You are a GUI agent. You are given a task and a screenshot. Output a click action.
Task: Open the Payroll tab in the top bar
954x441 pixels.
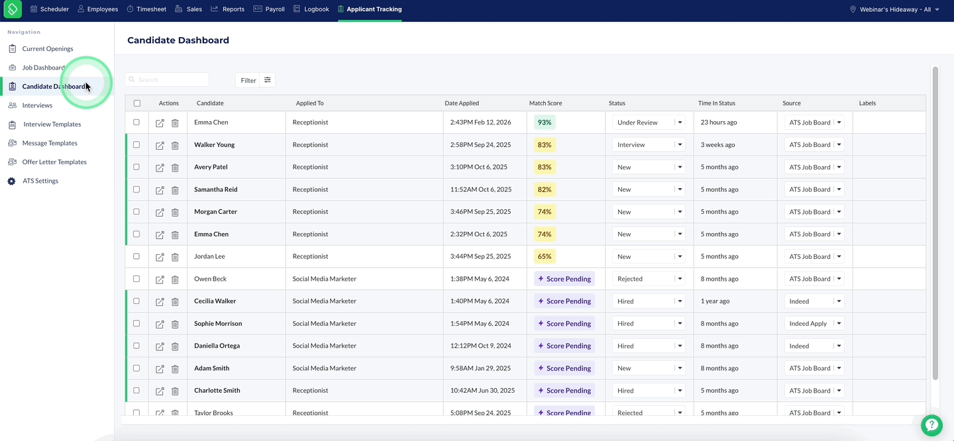point(269,9)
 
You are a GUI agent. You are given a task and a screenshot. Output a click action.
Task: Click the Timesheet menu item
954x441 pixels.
point(146,9)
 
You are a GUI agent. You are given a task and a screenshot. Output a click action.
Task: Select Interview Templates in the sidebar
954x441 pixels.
point(52,124)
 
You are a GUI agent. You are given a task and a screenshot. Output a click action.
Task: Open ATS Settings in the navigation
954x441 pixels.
point(40,181)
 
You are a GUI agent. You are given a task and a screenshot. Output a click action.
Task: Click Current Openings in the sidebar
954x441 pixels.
point(47,48)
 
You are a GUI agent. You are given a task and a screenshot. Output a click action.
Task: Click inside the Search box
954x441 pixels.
point(167,79)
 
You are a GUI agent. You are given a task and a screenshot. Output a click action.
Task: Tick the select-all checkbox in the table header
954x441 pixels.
point(136,103)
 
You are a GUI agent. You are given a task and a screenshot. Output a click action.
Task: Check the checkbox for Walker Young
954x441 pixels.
point(136,145)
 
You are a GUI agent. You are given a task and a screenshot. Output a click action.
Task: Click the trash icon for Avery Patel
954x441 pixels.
point(175,168)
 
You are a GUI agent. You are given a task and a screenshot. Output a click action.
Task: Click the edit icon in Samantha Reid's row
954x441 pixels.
point(160,190)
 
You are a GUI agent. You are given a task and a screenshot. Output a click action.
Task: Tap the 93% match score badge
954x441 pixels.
point(545,122)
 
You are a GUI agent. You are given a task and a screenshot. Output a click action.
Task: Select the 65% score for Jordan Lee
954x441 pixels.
point(545,256)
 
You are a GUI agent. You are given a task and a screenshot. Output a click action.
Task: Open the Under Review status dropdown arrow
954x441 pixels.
point(680,122)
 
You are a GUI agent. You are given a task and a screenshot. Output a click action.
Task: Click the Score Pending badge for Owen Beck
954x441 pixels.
point(564,279)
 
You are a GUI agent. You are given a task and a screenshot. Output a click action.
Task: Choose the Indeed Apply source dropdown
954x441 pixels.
point(814,324)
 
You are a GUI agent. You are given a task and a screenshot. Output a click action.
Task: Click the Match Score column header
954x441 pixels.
point(546,103)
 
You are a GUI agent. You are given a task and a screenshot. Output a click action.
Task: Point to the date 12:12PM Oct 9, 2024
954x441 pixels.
point(480,346)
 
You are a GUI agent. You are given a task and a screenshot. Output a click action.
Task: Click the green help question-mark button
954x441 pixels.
point(931,425)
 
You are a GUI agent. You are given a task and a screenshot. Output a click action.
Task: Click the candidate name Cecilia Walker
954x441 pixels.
point(215,301)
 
